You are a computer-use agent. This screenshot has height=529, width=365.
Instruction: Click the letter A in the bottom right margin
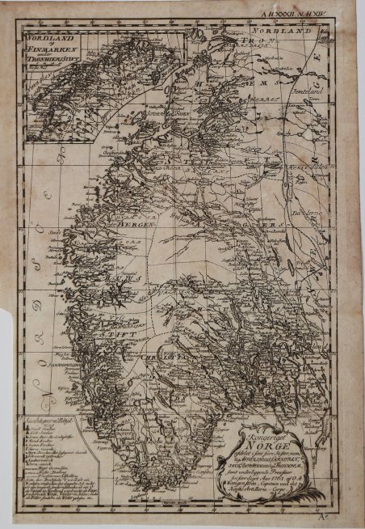[x=347, y=514]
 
